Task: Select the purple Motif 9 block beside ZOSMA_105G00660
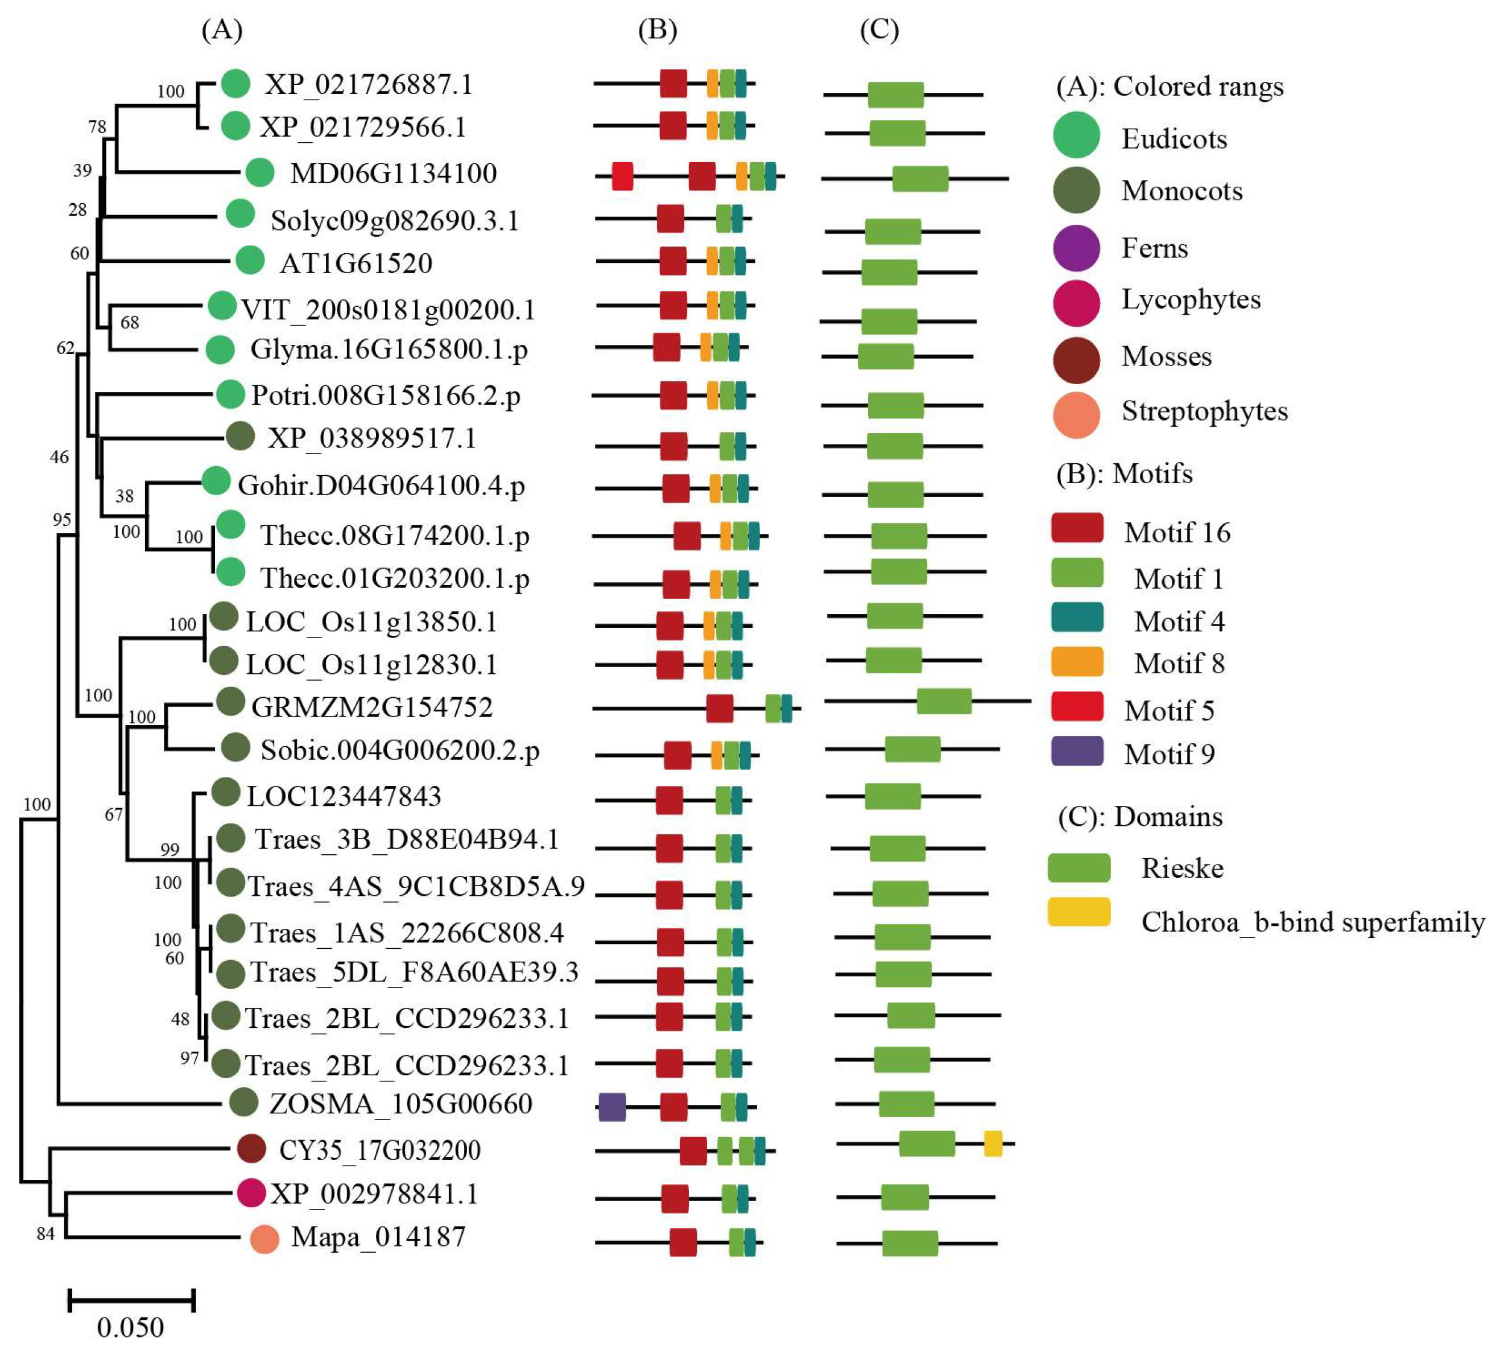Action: tap(612, 1107)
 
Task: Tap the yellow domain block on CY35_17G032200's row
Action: tap(993, 1144)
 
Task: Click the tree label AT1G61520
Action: tap(356, 263)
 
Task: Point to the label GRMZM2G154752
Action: tap(372, 707)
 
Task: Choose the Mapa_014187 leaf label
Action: tap(378, 1237)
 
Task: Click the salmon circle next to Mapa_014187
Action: tap(264, 1239)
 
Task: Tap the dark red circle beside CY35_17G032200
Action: tap(251, 1149)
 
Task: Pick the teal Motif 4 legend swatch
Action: tap(1077, 618)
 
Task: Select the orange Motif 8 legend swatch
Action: tap(1077, 661)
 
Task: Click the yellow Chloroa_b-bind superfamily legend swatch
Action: tap(1079, 912)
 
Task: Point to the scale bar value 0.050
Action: tap(131, 1327)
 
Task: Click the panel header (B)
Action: tap(658, 30)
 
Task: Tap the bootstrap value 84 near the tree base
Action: tap(46, 1234)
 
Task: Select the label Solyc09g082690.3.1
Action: tap(395, 220)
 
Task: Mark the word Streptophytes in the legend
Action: tap(1204, 410)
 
